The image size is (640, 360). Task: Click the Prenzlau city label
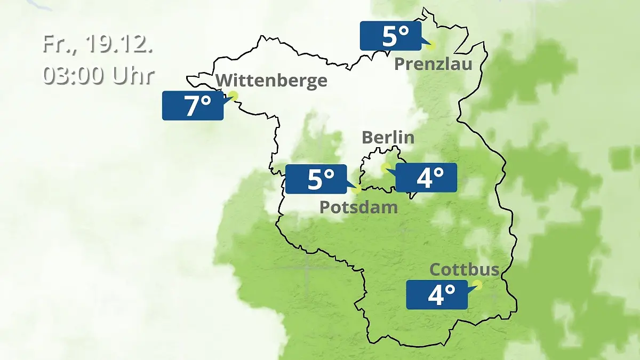433,65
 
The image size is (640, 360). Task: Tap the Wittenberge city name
271,81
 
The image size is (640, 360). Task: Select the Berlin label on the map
388,137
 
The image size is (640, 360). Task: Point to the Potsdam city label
358,207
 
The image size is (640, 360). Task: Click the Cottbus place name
464,269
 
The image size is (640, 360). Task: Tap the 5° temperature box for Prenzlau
390,36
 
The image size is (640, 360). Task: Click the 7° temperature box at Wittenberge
193,106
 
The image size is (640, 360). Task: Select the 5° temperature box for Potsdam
316,179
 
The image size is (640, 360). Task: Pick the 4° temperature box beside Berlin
426,178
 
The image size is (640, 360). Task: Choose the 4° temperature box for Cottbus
437,294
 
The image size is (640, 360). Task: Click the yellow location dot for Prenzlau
430,45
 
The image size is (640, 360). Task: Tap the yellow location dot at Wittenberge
233,96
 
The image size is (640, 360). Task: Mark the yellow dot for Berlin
385,167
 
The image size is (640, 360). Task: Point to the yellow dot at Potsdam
356,189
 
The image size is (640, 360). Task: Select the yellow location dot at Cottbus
477,285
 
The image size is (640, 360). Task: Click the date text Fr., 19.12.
98,44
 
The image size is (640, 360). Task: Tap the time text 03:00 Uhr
98,76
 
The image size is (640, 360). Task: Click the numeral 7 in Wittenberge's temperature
190,106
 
